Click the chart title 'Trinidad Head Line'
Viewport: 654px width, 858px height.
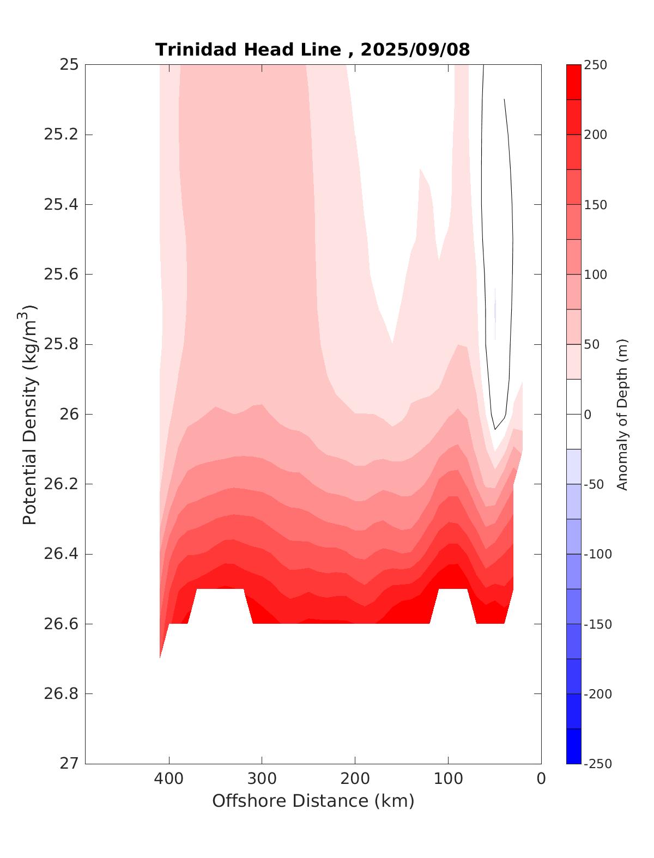tap(249, 50)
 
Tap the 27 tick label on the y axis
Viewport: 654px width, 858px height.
tap(69, 764)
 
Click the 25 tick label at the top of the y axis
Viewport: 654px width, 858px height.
tap(69, 65)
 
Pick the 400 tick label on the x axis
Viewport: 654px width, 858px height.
tap(169, 778)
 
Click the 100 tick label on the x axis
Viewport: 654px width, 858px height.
tap(448, 778)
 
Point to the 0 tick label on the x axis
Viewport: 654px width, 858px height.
tap(541, 778)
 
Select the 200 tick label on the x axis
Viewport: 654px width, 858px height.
tap(355, 778)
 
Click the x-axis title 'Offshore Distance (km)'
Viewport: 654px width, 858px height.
tap(313, 801)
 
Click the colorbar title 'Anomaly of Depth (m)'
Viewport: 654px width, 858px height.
tap(622, 414)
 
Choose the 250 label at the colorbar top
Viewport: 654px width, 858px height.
tap(595, 65)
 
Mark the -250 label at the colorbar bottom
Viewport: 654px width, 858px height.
tap(597, 764)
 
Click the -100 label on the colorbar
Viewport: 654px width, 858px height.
tap(597, 554)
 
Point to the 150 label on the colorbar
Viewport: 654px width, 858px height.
tap(595, 205)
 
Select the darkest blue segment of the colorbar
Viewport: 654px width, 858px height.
tap(573, 746)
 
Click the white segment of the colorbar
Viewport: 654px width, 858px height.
tap(573, 414)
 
